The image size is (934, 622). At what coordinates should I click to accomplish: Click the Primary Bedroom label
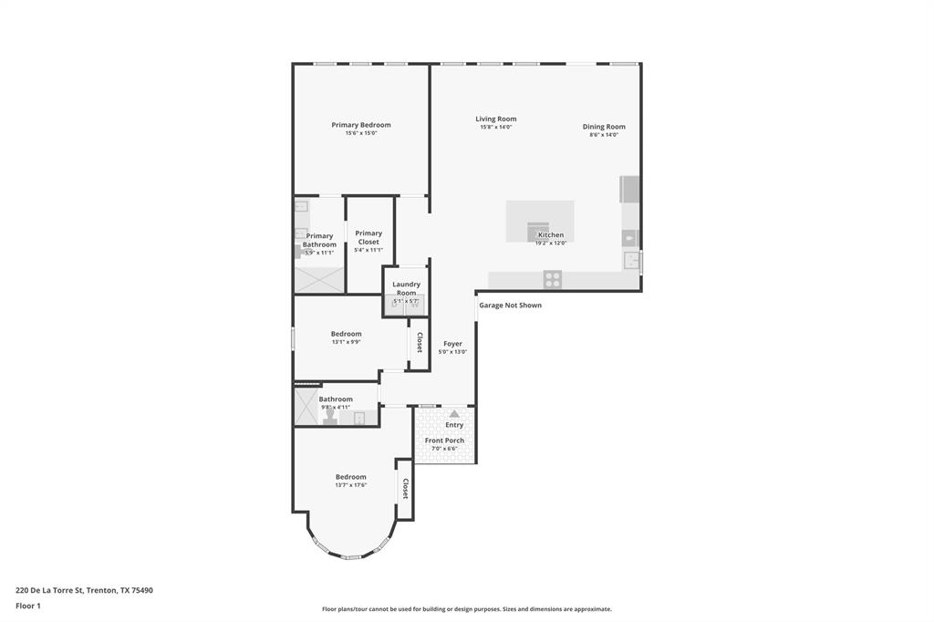361,125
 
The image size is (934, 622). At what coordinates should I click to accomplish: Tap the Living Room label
495,119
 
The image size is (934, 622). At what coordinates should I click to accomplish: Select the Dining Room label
604,127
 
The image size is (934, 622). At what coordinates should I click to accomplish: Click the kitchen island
540,221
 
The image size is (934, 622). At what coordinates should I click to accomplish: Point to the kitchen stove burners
552,279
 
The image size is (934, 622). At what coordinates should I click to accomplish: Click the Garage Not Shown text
510,306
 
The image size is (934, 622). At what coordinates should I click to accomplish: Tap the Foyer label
452,344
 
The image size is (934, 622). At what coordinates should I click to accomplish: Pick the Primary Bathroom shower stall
319,278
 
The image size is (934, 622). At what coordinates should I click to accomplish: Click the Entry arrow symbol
454,414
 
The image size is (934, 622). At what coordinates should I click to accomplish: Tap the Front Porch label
444,441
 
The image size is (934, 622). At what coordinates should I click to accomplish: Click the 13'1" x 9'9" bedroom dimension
346,342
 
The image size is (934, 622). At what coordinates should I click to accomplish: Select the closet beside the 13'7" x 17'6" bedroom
404,489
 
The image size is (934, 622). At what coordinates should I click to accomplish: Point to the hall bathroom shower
306,408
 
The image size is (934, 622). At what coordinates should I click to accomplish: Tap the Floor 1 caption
28,606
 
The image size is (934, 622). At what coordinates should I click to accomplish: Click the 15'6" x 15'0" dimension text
361,133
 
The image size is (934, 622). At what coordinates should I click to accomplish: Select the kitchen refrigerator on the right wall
630,189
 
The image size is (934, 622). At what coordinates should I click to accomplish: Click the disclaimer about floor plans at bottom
466,609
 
